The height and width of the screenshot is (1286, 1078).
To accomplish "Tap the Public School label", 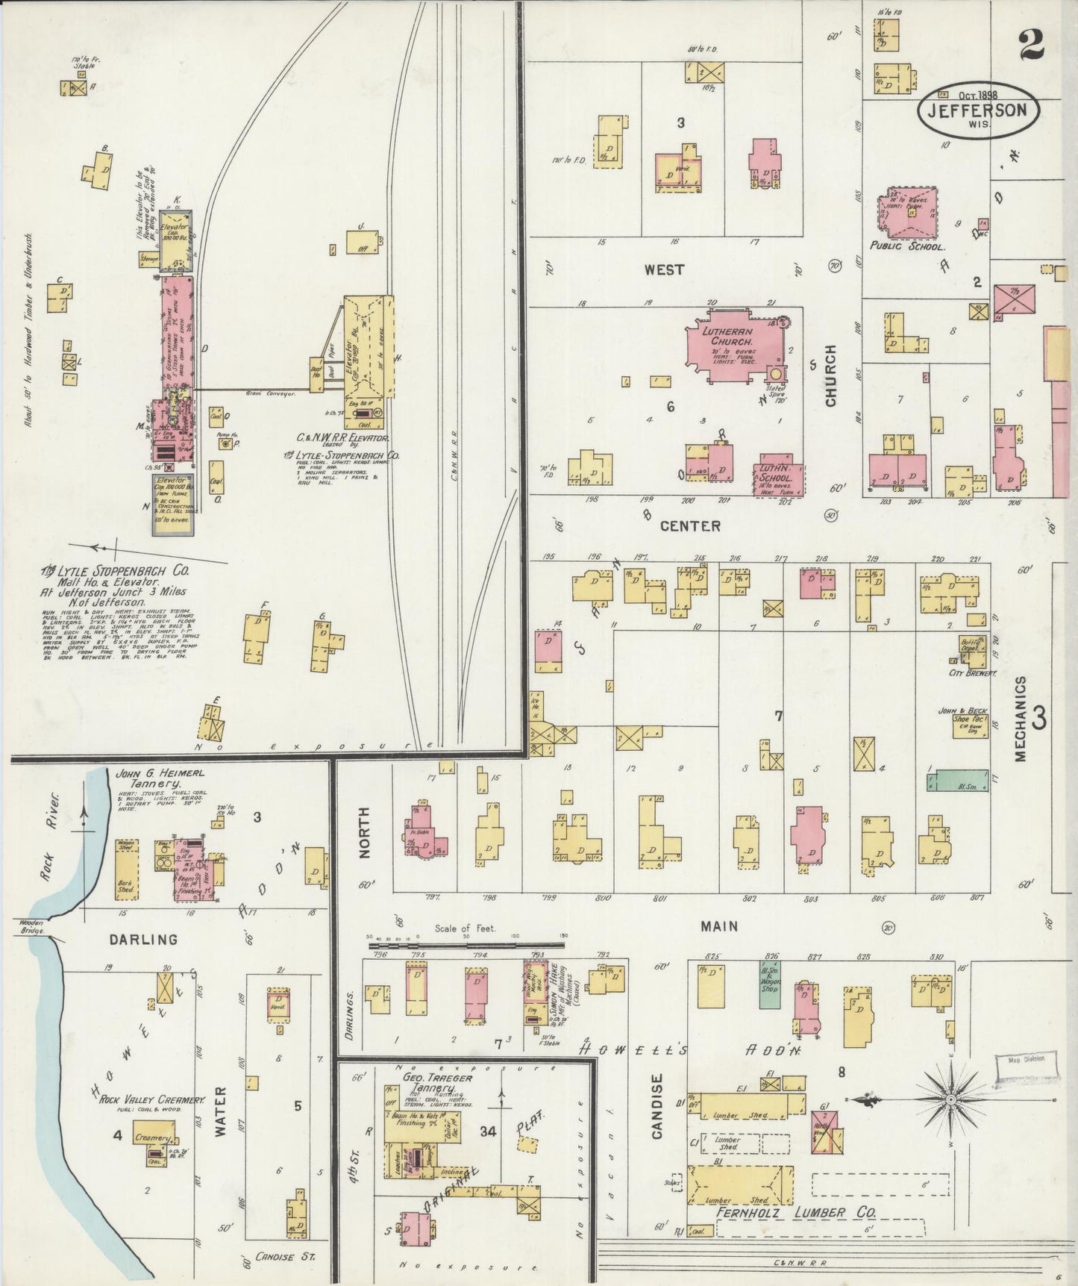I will pos(907,246).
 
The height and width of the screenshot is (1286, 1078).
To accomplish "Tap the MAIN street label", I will pos(718,926).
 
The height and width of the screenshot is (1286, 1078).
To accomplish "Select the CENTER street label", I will pos(690,526).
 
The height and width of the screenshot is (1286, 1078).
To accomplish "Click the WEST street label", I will pos(663,269).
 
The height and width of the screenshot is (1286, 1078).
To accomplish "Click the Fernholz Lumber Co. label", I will pos(795,1213).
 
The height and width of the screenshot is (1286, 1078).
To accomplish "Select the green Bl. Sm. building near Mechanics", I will pos(957,780).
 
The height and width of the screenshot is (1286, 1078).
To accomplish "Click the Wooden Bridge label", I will pos(32,927).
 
